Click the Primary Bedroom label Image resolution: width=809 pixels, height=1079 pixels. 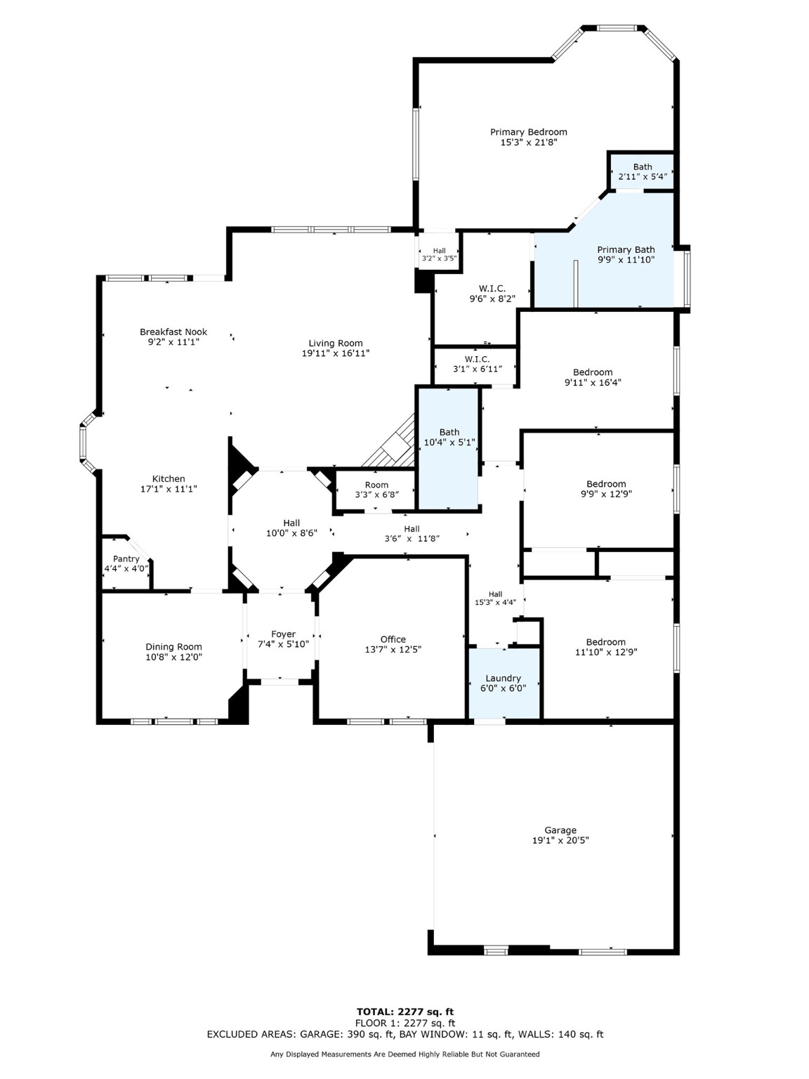click(528, 132)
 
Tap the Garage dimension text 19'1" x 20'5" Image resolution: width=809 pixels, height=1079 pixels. click(560, 840)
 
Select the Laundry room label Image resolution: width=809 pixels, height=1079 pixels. click(503, 679)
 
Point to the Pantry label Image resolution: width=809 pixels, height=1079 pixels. click(126, 559)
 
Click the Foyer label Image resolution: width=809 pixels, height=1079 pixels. click(283, 634)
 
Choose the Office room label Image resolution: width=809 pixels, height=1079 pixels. click(393, 639)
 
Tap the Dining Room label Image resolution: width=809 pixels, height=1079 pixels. click(173, 647)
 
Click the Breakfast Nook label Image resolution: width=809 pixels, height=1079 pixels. click(173, 332)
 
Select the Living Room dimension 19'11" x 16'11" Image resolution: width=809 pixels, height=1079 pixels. click(336, 353)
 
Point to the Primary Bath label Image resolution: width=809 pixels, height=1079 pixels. click(626, 249)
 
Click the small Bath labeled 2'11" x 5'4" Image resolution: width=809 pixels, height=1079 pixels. click(643, 171)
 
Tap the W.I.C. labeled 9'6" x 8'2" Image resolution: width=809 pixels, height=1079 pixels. click(492, 294)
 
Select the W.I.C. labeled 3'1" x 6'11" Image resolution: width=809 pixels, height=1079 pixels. click(477, 364)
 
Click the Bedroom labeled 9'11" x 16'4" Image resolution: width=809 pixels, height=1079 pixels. click(593, 377)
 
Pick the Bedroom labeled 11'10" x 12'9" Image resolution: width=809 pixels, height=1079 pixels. click(605, 646)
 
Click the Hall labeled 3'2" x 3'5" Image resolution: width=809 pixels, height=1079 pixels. click(439, 254)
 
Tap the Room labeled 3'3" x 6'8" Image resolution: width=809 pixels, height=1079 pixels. click(376, 490)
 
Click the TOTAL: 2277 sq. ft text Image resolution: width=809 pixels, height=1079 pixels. click(404, 1012)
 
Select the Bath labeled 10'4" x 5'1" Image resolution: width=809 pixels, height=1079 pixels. click(449, 437)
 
